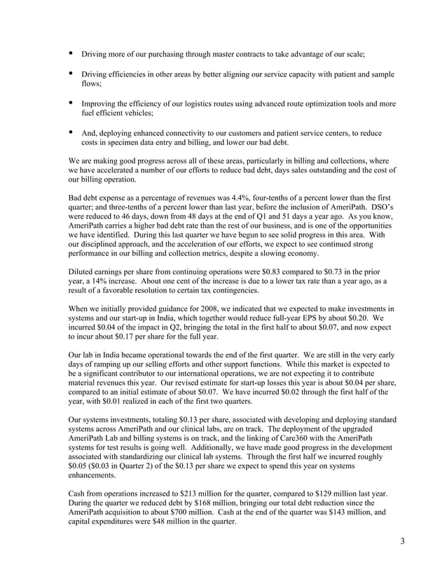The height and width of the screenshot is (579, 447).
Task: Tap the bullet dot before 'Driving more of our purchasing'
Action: [x=71, y=53]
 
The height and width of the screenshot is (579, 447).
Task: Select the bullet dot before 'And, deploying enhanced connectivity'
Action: [x=71, y=132]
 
